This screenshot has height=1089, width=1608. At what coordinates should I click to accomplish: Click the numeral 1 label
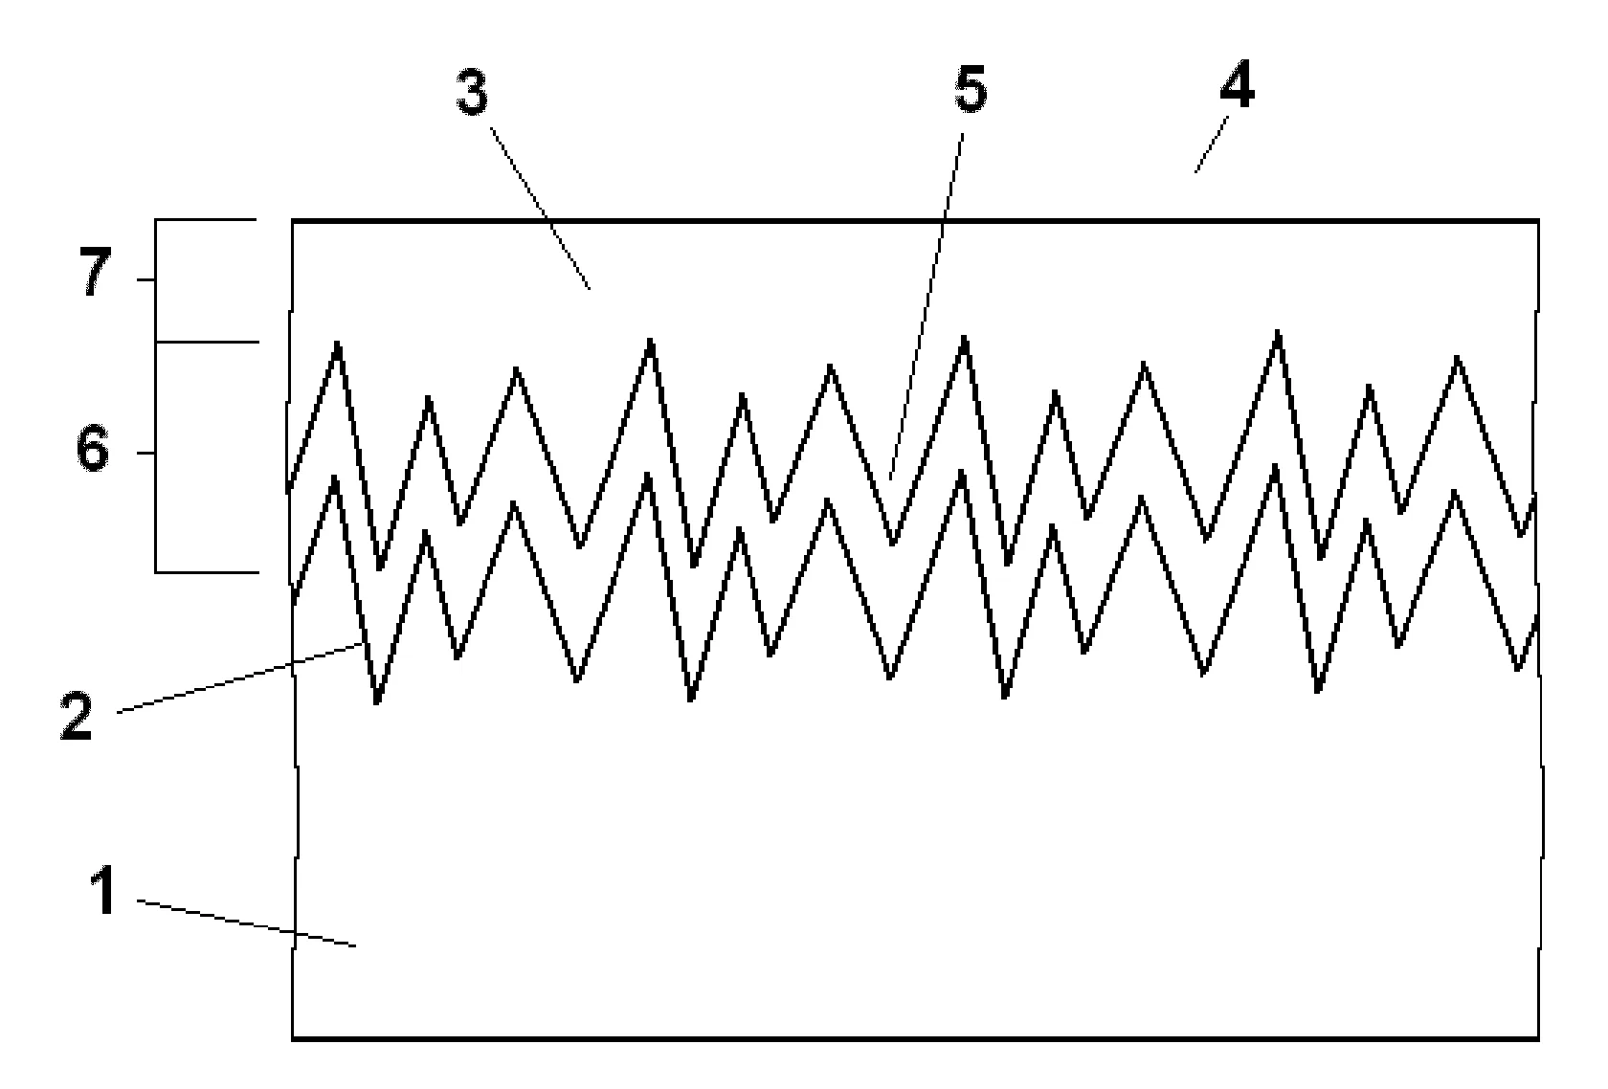point(102,892)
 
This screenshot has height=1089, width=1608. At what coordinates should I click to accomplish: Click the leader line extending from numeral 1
point(246,922)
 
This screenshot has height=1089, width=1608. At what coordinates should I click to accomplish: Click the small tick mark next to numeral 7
point(145,279)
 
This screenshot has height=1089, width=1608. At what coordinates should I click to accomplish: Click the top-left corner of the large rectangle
point(293,222)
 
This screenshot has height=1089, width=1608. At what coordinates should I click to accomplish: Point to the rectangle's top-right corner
point(1538,222)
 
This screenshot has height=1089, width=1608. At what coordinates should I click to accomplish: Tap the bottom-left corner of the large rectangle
point(293,1038)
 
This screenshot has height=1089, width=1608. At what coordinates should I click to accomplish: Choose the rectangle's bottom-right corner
point(1538,1038)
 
